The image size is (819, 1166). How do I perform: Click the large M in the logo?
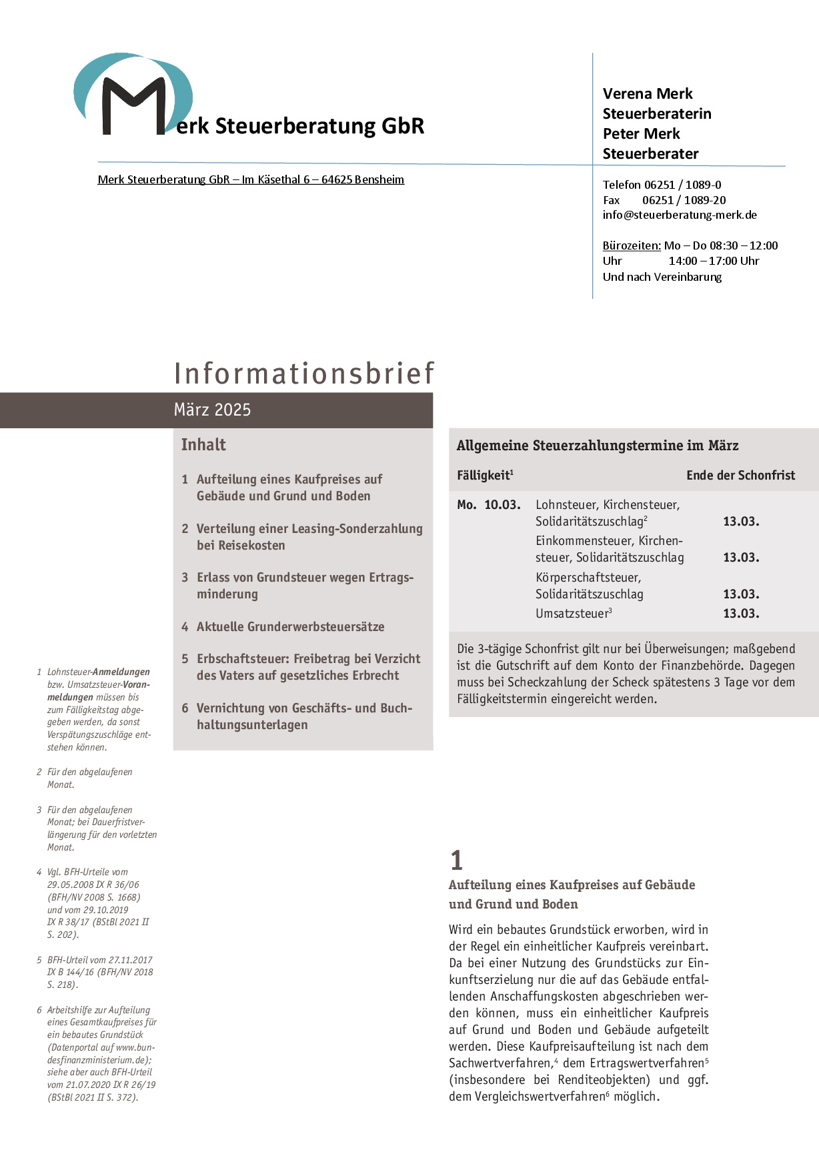(x=133, y=107)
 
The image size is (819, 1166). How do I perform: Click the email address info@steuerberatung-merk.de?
(x=680, y=215)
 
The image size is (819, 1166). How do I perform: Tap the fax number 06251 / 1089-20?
(x=684, y=200)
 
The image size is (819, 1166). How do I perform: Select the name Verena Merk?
(x=648, y=94)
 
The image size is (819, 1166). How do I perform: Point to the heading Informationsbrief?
(x=304, y=374)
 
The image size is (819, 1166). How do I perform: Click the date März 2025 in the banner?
(x=212, y=410)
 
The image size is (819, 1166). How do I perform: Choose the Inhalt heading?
(x=203, y=445)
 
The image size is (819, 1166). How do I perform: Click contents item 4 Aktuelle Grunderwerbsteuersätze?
(x=290, y=627)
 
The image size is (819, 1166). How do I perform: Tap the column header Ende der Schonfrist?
(x=740, y=476)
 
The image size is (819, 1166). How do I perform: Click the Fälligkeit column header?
(x=484, y=476)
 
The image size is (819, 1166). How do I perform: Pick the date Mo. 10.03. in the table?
(x=488, y=505)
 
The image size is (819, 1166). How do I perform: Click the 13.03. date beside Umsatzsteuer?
(x=741, y=614)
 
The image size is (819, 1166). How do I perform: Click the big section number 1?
(x=456, y=860)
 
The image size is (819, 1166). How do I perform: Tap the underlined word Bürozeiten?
(x=631, y=245)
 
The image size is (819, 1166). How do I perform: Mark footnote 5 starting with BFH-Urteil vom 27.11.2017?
(x=100, y=973)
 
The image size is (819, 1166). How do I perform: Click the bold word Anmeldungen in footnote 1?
(x=121, y=672)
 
